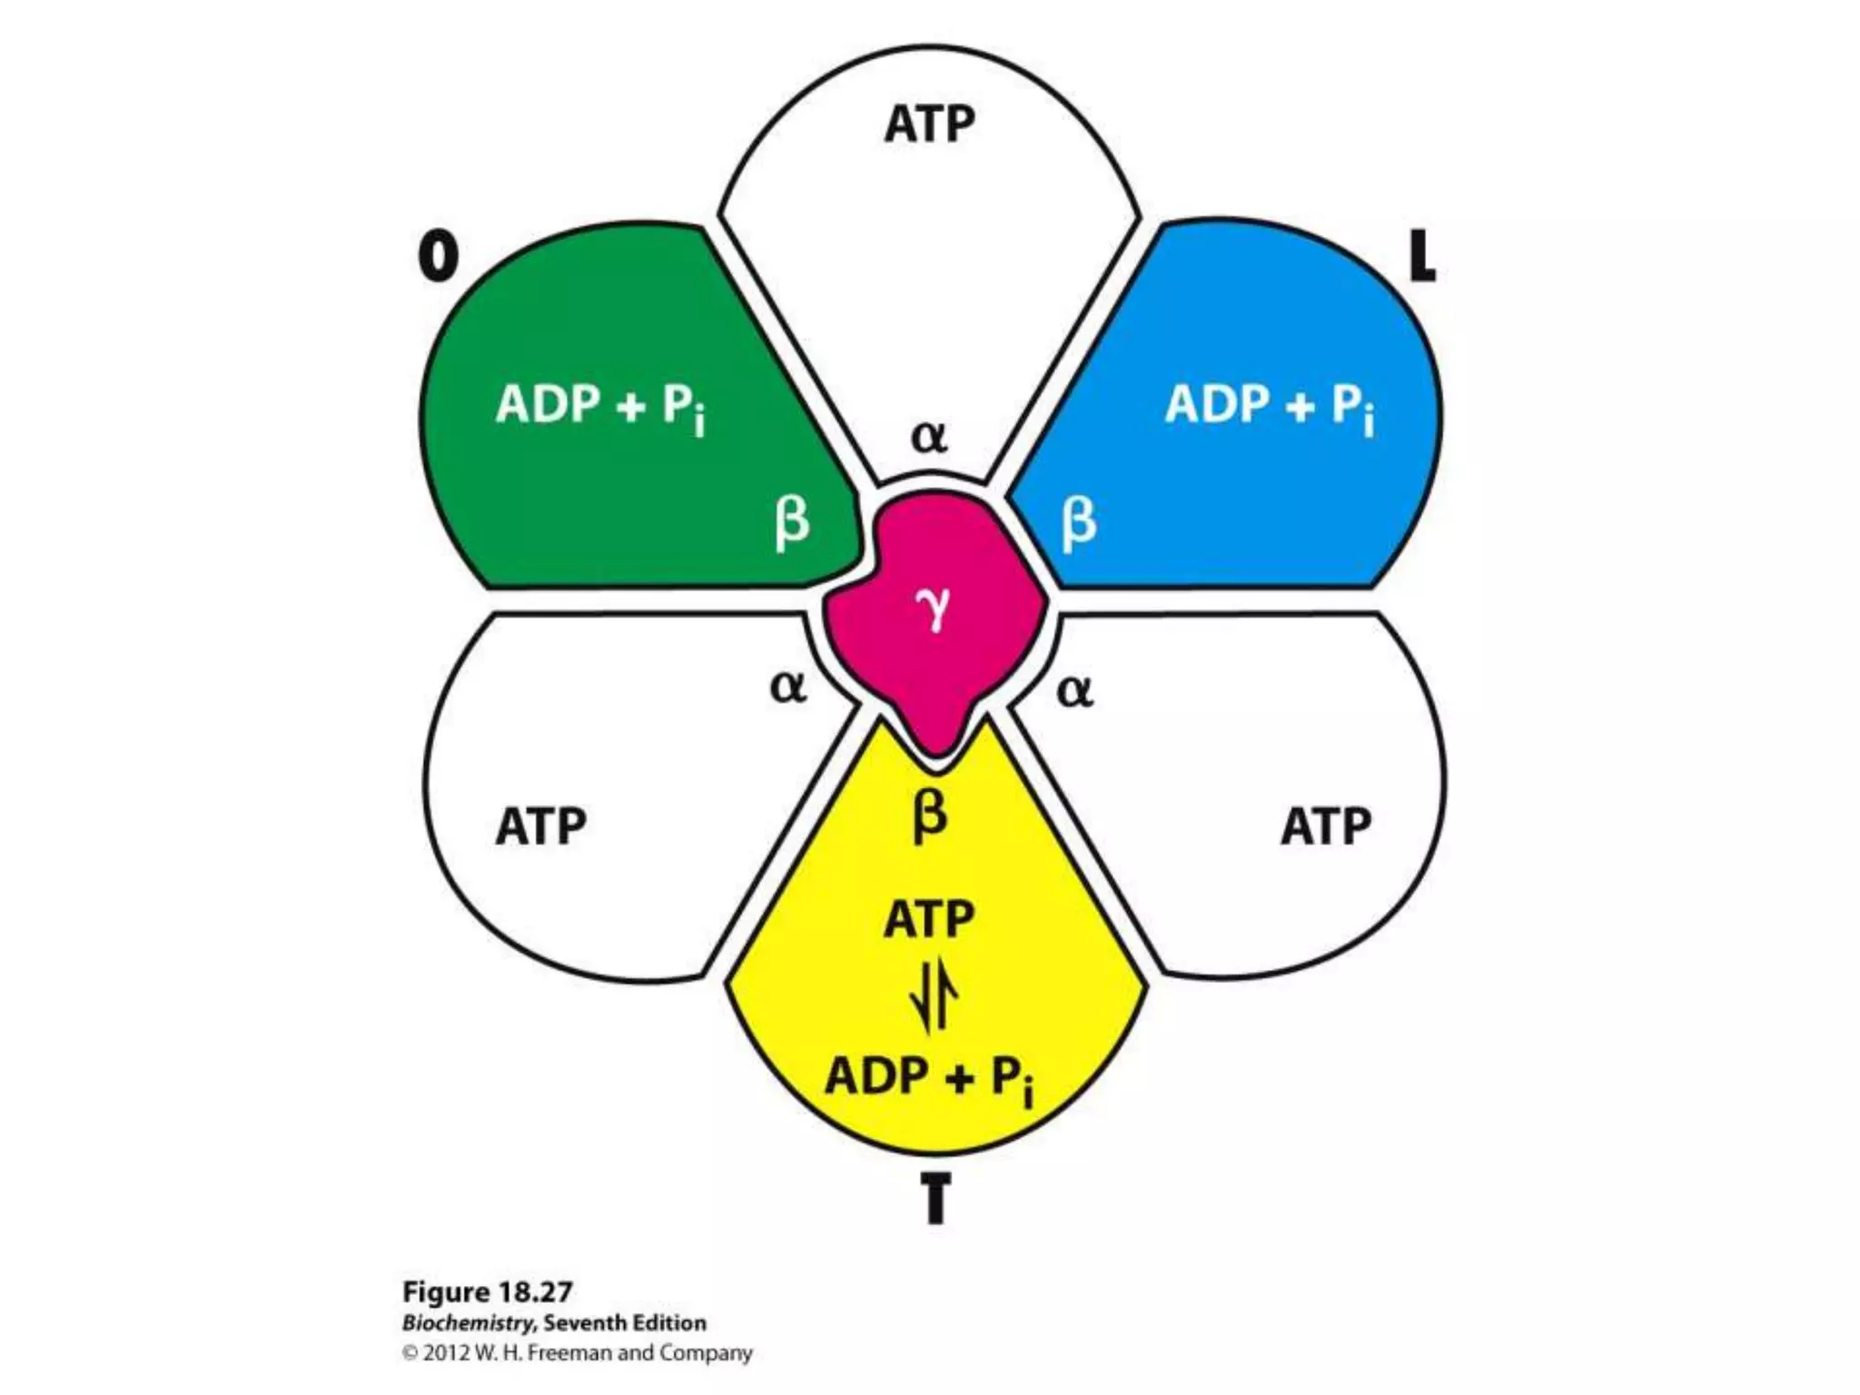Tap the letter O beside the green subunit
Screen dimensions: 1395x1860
coord(438,256)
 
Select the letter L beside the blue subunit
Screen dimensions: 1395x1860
coord(1421,256)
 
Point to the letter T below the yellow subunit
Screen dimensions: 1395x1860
coord(935,1198)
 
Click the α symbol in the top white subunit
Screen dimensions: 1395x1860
coord(929,438)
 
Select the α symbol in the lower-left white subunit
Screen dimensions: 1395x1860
coord(787,688)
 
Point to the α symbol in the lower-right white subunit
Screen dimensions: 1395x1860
coord(1075,692)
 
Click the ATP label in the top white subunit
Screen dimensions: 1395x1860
coord(929,124)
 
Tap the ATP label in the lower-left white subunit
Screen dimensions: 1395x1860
coord(540,826)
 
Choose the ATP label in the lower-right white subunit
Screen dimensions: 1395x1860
coord(1326,826)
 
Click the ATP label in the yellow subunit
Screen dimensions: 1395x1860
coord(929,919)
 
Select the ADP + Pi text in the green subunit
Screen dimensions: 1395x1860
coord(600,405)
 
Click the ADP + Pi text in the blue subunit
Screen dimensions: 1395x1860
coord(1270,405)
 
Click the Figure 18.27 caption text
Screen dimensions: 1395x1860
coord(487,1291)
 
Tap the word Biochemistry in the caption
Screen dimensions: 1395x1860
coord(468,1322)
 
